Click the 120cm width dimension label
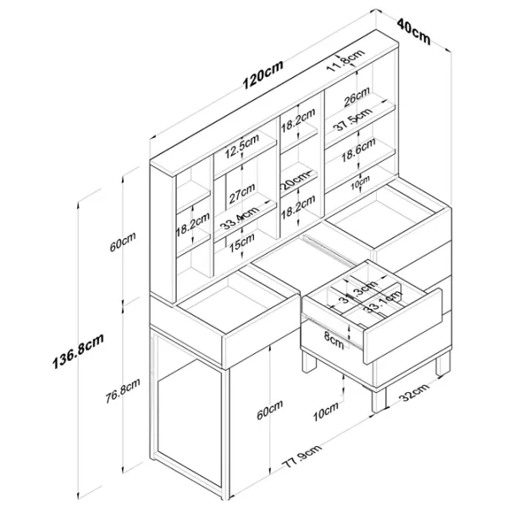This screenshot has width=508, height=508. (x=262, y=76)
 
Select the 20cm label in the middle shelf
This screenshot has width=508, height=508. (x=295, y=182)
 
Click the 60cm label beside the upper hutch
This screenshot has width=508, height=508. (x=124, y=246)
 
